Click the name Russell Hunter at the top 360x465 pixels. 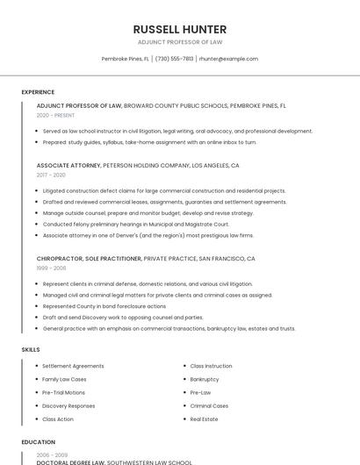tap(179, 29)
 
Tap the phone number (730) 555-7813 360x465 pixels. tap(174, 59)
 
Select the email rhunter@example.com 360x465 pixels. tap(228, 59)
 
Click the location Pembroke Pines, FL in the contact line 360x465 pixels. tap(125, 59)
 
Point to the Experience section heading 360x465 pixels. tap(38, 92)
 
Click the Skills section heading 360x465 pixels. tap(31, 350)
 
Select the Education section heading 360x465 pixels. tap(38, 442)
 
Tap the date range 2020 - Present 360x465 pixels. tap(55, 115)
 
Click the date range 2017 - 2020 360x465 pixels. tap(51, 175)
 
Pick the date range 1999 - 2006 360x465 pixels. tap(51, 268)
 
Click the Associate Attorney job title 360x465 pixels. tap(68, 165)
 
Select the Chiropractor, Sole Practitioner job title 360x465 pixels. tap(89, 259)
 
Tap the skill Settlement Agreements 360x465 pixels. tap(73, 366)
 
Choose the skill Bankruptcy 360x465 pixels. tap(205, 379)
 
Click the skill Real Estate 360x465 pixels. tap(204, 419)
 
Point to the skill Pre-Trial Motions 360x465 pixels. tap(63, 392)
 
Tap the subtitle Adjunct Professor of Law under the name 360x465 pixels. tap(179, 42)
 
